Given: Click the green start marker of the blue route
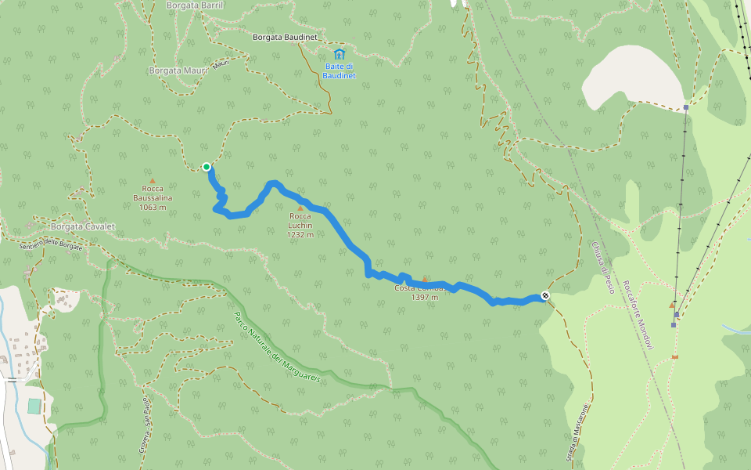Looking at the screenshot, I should coord(207,166).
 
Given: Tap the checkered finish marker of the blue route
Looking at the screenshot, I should coord(544,296).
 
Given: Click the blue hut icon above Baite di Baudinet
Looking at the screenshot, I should coord(339,54).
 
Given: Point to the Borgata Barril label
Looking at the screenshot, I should coord(195,5).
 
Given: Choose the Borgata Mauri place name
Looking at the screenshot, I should coord(178,70).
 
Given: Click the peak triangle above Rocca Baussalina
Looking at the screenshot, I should coord(153,181).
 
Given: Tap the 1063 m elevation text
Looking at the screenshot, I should coord(153,208).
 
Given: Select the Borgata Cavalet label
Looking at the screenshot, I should coord(82,226).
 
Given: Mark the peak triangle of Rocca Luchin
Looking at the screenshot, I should coord(300,208).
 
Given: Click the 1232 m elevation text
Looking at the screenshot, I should coord(300,234).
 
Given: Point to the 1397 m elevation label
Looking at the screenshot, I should coord(425,298).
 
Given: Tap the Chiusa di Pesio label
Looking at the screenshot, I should coord(603,267).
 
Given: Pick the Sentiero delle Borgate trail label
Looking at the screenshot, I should coord(51,244).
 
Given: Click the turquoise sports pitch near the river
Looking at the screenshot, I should coord(34,407).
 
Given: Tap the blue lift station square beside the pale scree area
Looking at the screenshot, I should coord(685,107).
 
